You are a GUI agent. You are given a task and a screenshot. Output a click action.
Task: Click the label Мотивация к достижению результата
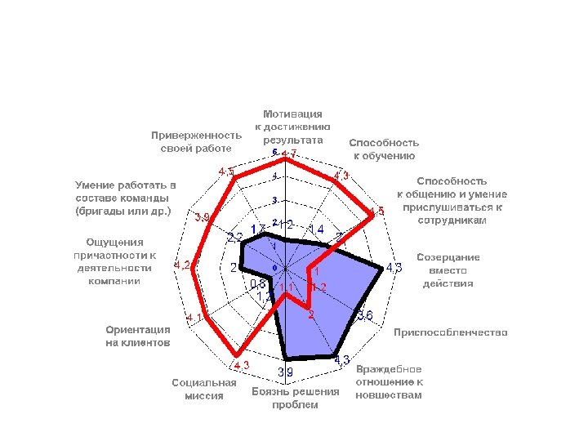pyautogui.click(x=292, y=127)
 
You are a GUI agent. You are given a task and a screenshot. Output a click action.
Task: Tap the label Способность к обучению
pyautogui.click(x=384, y=149)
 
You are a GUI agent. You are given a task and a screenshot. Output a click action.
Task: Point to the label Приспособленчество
pyautogui.click(x=451, y=332)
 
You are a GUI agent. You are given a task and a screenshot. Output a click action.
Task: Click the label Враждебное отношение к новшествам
pyautogui.click(x=389, y=382)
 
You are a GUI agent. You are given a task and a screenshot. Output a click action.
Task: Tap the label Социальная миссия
pyautogui.click(x=204, y=389)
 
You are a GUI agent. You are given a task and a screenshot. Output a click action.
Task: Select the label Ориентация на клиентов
pyautogui.click(x=138, y=336)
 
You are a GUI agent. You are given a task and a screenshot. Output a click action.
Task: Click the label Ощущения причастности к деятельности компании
pyautogui.click(x=114, y=261)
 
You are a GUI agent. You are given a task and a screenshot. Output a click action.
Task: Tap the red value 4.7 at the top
pyautogui.click(x=288, y=154)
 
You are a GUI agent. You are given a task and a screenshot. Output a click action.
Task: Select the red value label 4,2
pyautogui.click(x=182, y=265)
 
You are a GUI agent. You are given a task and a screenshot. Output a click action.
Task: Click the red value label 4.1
pyautogui.click(x=194, y=318)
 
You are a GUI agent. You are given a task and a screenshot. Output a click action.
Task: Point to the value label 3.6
pyautogui.click(x=366, y=316)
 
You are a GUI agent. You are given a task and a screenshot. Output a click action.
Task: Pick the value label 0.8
pyautogui.click(x=257, y=284)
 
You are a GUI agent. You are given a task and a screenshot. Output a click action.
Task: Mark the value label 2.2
pyautogui.click(x=234, y=238)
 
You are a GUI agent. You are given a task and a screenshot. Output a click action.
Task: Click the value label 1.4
pyautogui.click(x=315, y=228)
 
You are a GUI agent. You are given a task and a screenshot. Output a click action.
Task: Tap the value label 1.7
pyautogui.click(x=257, y=229)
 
